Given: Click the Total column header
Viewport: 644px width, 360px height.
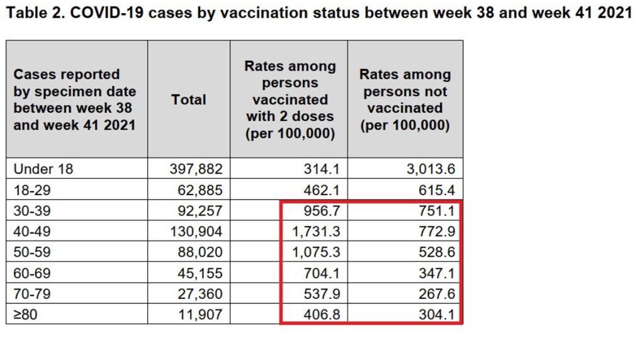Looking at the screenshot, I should pyautogui.click(x=188, y=99).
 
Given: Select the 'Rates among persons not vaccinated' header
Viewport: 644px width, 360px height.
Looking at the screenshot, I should pyautogui.click(x=405, y=99).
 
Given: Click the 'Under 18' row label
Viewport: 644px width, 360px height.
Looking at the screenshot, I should pyautogui.click(x=43, y=169).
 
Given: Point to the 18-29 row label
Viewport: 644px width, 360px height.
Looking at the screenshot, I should pyautogui.click(x=31, y=189).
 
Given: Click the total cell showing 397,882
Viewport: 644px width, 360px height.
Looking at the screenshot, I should pyautogui.click(x=196, y=169).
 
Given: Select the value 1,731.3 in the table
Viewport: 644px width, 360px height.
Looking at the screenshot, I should pyautogui.click(x=315, y=231).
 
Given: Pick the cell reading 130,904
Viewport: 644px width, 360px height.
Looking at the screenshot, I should pyautogui.click(x=196, y=231).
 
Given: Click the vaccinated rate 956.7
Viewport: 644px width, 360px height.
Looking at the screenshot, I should pyautogui.click(x=321, y=210).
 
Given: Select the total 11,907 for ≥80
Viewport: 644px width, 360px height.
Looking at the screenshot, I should pyautogui.click(x=200, y=314).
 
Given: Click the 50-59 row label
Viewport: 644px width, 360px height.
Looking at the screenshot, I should pyautogui.click(x=32, y=252).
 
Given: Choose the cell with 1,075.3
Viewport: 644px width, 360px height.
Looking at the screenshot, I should pyautogui.click(x=315, y=252).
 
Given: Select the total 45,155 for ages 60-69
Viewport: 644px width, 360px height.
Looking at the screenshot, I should pyautogui.click(x=200, y=273).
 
